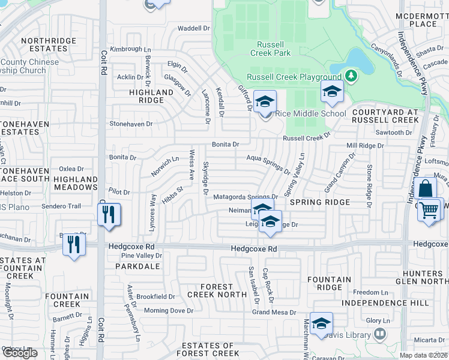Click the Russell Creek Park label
274,49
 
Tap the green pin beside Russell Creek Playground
351,76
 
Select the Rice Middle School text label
311,113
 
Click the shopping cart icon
430,211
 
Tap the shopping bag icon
425,189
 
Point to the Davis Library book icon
379,333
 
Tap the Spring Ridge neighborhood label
319,202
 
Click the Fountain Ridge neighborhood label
330,284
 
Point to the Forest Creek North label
217,290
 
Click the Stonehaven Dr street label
131,124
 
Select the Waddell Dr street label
193,28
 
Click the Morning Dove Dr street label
169,311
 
